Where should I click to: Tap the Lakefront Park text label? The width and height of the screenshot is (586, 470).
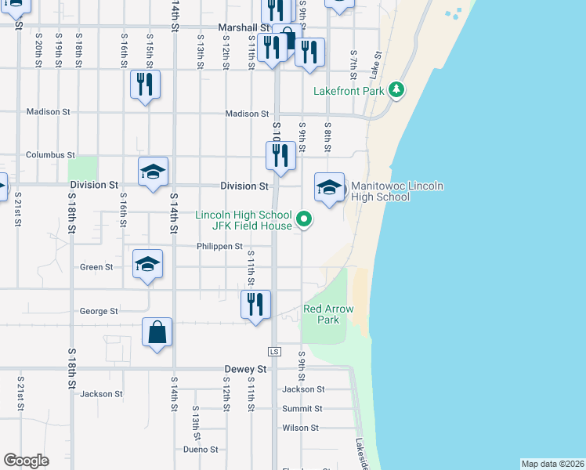pyautogui.click(x=349, y=91)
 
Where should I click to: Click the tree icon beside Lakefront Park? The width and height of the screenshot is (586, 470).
pyautogui.click(x=396, y=90)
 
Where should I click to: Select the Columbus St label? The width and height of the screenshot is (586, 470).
pyautogui.click(x=50, y=155)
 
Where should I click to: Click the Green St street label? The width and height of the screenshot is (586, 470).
pyautogui.click(x=96, y=267)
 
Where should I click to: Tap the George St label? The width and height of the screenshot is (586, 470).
pyautogui.click(x=99, y=311)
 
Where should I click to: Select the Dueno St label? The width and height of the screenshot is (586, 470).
pyautogui.click(x=201, y=450)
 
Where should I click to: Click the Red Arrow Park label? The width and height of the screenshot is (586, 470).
pyautogui.click(x=328, y=314)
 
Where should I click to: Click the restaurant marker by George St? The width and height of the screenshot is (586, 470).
pyautogui.click(x=255, y=304)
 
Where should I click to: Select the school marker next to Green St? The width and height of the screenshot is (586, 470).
pyautogui.click(x=147, y=264)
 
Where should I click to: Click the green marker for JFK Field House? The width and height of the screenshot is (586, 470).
pyautogui.click(x=305, y=221)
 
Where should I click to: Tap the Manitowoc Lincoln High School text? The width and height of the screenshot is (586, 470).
pyautogui.click(x=397, y=191)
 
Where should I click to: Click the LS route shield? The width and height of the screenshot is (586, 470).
pyautogui.click(x=273, y=352)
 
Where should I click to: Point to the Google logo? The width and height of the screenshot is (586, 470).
pyautogui.click(x=26, y=461)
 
